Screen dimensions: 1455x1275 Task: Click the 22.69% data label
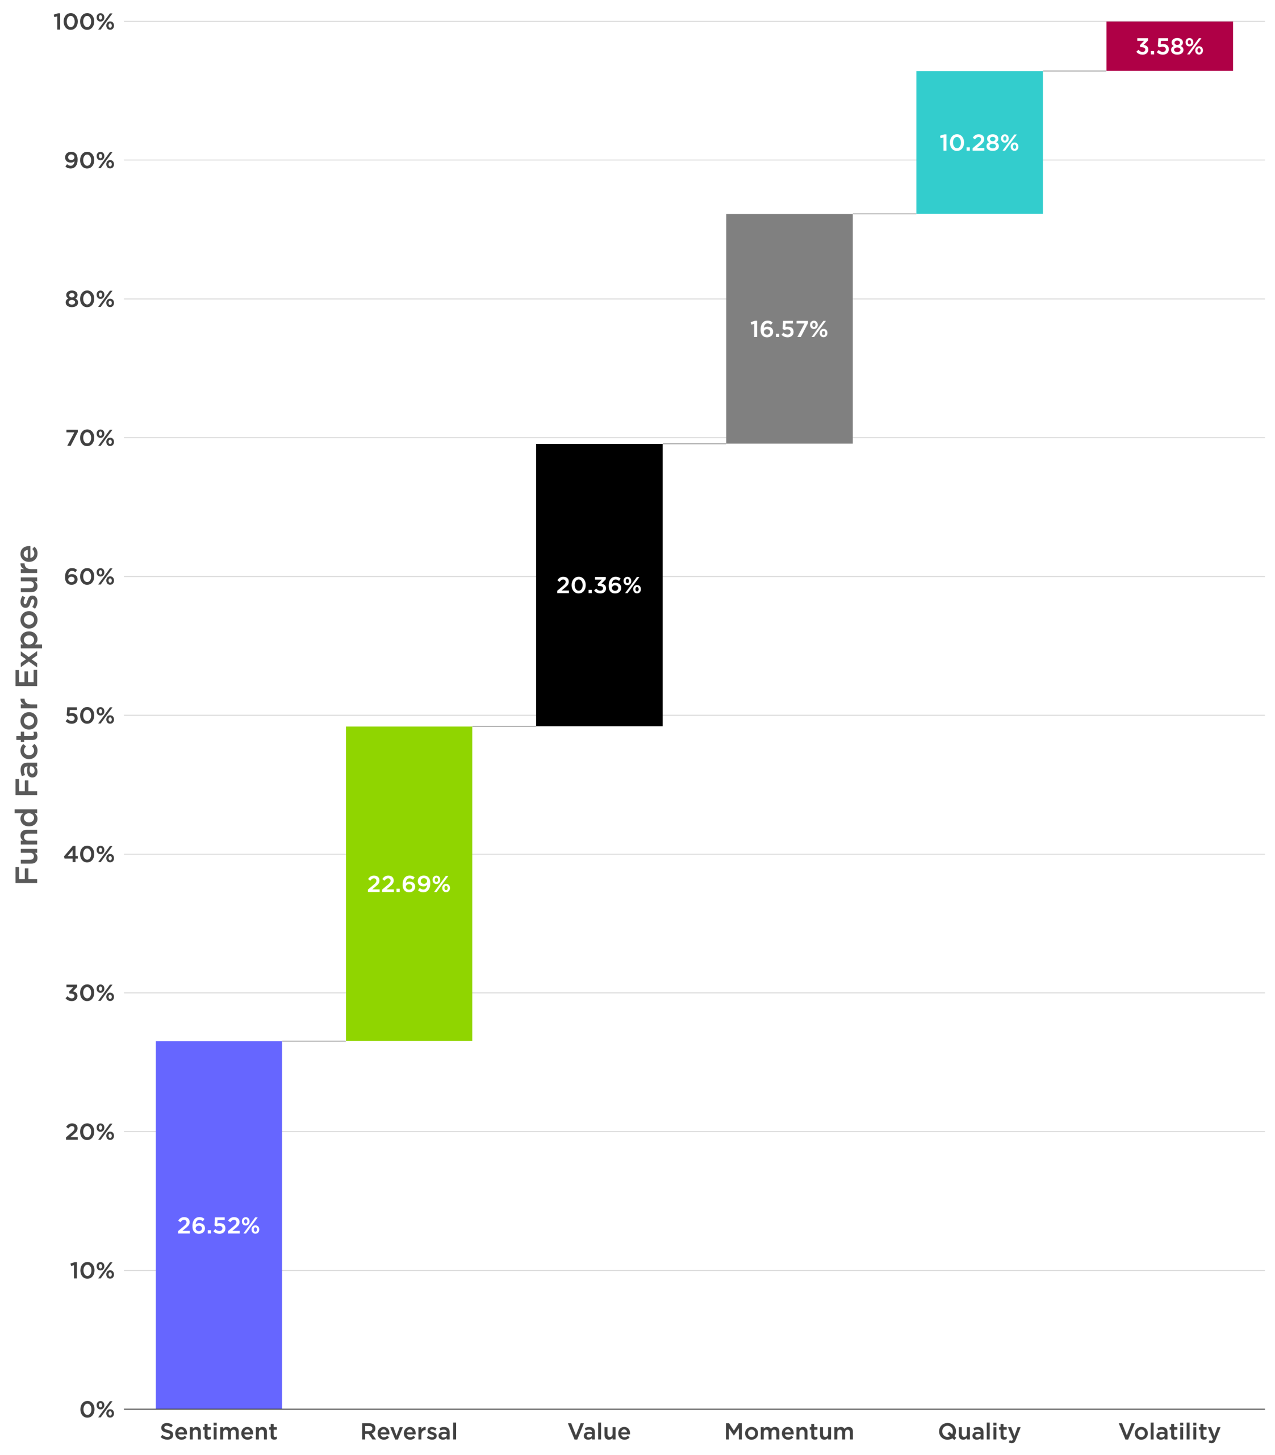click(x=408, y=884)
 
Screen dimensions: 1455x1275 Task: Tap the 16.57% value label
click(x=789, y=329)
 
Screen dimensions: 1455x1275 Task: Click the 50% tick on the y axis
click(x=89, y=716)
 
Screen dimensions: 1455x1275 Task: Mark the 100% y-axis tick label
click(x=84, y=22)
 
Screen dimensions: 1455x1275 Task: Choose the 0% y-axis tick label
click(x=97, y=1409)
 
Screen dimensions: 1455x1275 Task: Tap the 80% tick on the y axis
click(x=89, y=299)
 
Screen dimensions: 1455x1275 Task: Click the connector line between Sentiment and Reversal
click(x=313, y=1041)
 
